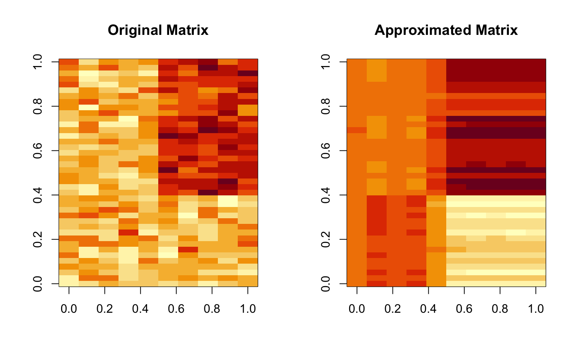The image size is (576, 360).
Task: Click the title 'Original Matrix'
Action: [158, 30]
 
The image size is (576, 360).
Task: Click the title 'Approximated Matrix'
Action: [446, 30]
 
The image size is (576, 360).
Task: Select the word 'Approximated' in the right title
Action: [420, 30]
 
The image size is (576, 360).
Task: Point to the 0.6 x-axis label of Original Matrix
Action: [176, 309]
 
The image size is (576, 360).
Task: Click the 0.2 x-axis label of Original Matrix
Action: [105, 309]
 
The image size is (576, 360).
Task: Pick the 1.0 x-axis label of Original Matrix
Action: [248, 309]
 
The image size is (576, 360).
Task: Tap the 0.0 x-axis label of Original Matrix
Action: [69, 309]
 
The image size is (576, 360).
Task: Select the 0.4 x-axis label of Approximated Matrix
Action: [428, 309]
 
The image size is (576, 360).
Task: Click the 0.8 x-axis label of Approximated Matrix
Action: [500, 309]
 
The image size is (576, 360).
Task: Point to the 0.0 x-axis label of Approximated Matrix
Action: [357, 309]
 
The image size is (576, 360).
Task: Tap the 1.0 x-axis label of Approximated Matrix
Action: [536, 309]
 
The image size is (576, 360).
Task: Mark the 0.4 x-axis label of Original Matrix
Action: [140, 309]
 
